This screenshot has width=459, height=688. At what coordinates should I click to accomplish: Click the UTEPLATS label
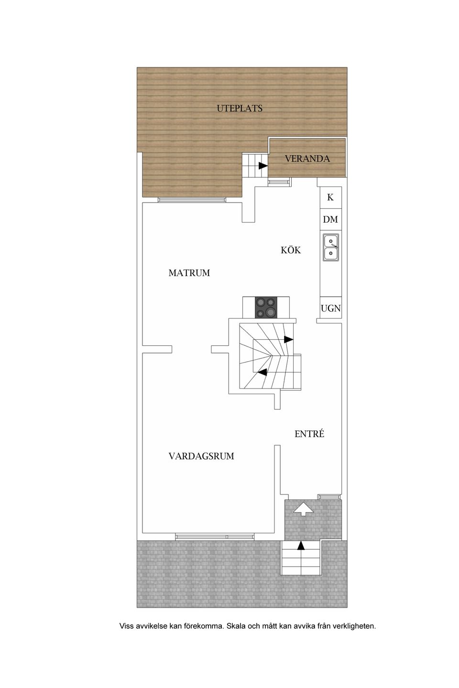[240, 108]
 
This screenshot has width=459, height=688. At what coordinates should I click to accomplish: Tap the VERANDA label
[307, 159]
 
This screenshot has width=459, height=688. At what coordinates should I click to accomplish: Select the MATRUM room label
[189, 273]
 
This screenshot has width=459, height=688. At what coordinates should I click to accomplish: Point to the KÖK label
[291, 250]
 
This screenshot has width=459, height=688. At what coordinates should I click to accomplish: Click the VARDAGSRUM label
[201, 456]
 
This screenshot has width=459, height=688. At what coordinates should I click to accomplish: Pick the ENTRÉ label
[309, 434]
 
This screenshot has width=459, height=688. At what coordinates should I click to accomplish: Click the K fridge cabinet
[330, 197]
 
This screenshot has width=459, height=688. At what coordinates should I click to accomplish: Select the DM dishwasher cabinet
[330, 219]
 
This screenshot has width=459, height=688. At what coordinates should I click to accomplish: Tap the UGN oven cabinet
[330, 308]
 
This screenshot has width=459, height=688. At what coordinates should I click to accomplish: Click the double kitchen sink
[330, 247]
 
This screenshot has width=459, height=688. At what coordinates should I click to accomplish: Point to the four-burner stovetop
[266, 307]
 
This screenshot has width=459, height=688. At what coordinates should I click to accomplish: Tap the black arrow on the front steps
[301, 546]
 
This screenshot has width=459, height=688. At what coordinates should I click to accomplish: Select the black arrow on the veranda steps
[263, 166]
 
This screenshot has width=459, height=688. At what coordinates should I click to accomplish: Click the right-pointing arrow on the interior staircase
[288, 339]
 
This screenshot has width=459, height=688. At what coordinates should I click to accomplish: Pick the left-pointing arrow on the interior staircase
[262, 372]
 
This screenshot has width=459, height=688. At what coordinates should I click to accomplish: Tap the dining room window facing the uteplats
[191, 200]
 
